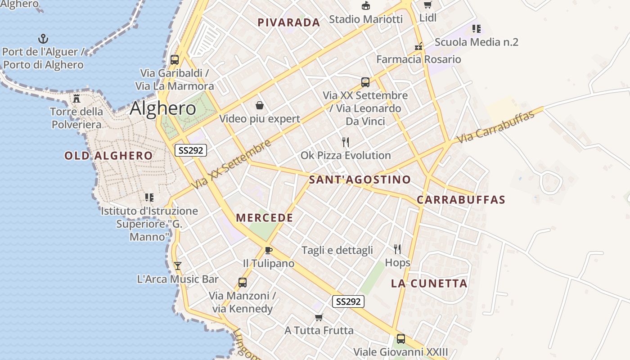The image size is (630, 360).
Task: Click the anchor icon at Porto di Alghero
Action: (x=43, y=39)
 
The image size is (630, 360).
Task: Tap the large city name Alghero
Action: (x=163, y=108)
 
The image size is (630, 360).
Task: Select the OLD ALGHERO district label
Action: (x=108, y=156)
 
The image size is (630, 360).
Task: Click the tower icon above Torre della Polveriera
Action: (x=76, y=98)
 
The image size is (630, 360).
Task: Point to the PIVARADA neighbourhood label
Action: (x=288, y=22)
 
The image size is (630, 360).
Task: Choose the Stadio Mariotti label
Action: (x=365, y=19)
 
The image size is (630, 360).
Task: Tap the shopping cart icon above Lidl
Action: (x=427, y=5)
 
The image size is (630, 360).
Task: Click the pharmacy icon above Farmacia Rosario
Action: (x=418, y=46)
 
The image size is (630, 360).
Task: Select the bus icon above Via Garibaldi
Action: (x=175, y=59)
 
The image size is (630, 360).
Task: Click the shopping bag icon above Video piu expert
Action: (x=260, y=106)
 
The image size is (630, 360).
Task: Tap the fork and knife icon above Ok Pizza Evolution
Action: (x=346, y=142)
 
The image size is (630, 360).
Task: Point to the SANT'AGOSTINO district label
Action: (x=360, y=180)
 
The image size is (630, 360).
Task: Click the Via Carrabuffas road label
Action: (x=495, y=127)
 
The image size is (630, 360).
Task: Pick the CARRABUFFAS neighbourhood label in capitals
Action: (x=461, y=200)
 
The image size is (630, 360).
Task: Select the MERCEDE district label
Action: (x=265, y=218)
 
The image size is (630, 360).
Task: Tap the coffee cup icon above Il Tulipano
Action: (x=269, y=250)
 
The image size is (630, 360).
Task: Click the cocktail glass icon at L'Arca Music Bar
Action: (x=178, y=266)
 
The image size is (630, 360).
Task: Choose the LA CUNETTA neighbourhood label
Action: (x=429, y=283)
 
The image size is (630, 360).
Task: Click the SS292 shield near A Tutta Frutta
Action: (x=348, y=301)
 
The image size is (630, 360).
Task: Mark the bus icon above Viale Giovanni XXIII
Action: (x=400, y=339)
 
